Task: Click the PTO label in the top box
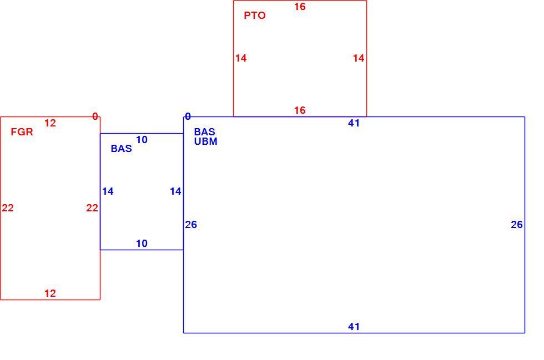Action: (255, 16)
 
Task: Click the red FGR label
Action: (22, 132)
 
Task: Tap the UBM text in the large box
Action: (206, 141)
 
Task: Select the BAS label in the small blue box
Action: (122, 149)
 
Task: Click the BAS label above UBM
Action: (205, 132)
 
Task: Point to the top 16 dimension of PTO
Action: (300, 7)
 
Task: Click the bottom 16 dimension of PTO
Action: (300, 110)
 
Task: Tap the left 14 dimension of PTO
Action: (241, 58)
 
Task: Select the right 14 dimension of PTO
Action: (359, 58)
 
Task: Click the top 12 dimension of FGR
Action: (50, 123)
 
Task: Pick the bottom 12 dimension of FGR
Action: (50, 293)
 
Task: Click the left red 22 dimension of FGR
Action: (8, 208)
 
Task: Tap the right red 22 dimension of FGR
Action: (92, 208)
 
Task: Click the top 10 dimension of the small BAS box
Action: (142, 140)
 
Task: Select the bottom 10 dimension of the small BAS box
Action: (142, 244)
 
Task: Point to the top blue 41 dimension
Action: (354, 123)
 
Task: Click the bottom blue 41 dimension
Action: (354, 327)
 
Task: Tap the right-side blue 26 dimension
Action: (517, 225)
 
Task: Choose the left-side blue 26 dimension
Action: (191, 225)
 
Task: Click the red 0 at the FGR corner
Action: (95, 116)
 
